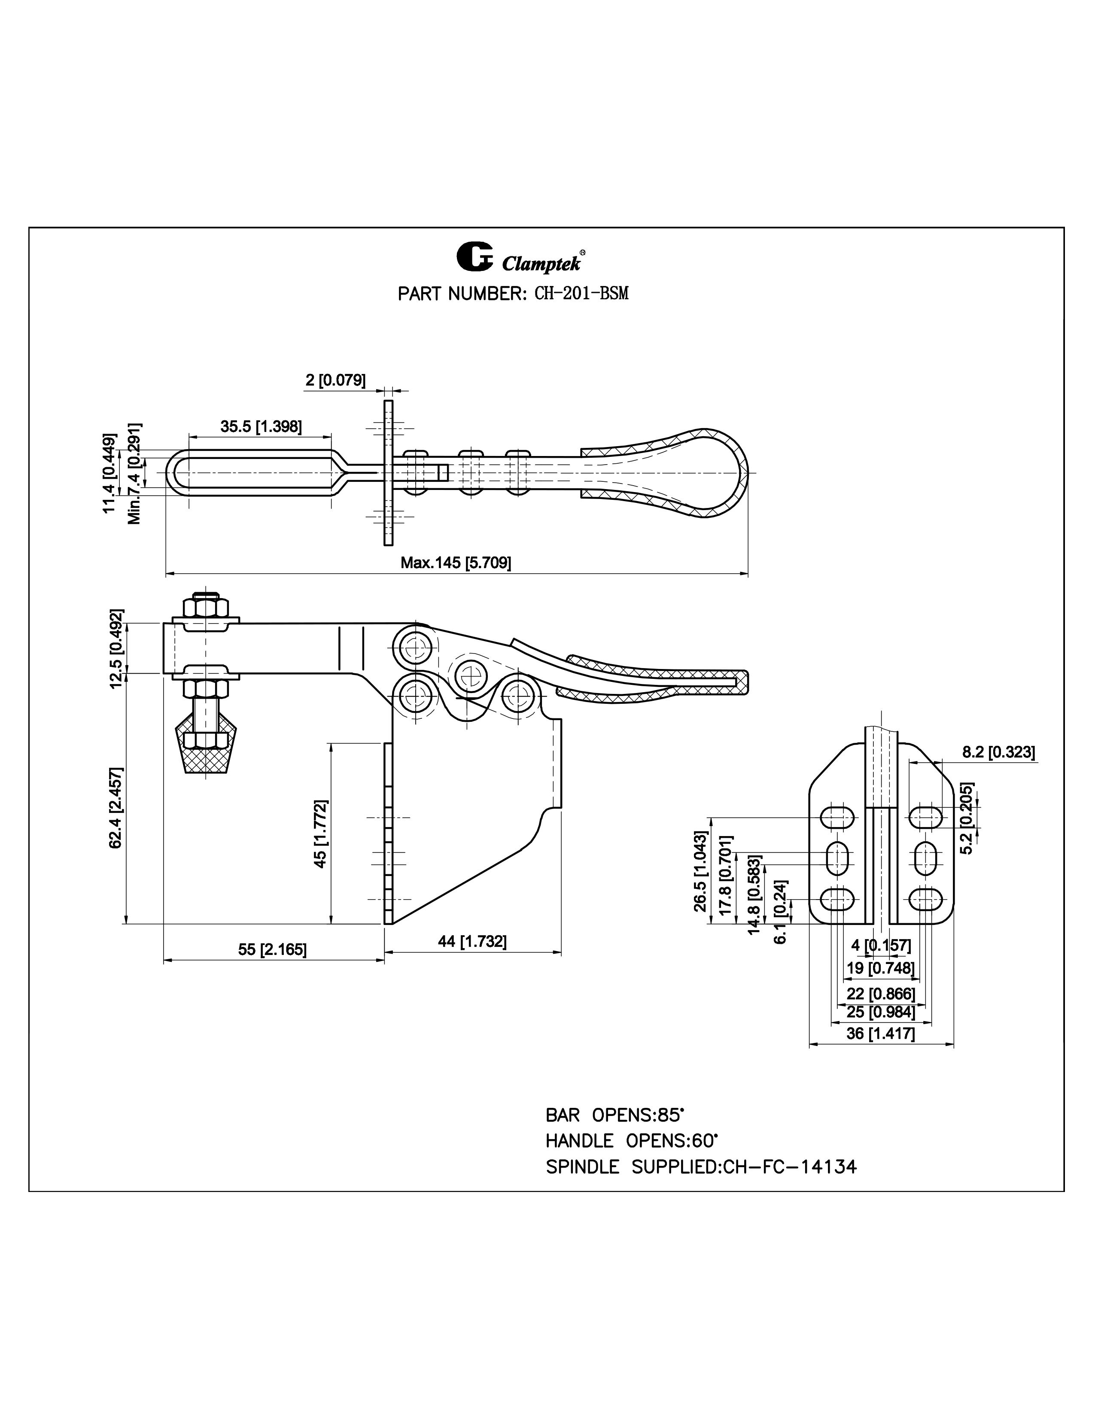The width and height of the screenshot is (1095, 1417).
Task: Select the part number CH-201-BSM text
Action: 581,294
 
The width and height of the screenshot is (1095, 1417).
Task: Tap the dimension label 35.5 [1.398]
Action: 261,426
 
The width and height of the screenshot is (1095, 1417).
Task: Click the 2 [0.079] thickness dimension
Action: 335,380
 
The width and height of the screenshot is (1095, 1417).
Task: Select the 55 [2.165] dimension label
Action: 272,949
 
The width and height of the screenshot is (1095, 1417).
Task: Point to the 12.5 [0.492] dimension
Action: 117,649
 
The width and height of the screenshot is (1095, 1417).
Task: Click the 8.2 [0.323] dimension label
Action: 998,752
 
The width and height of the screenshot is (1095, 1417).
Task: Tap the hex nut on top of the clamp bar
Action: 205,607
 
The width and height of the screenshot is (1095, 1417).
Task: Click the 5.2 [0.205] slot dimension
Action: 966,818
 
